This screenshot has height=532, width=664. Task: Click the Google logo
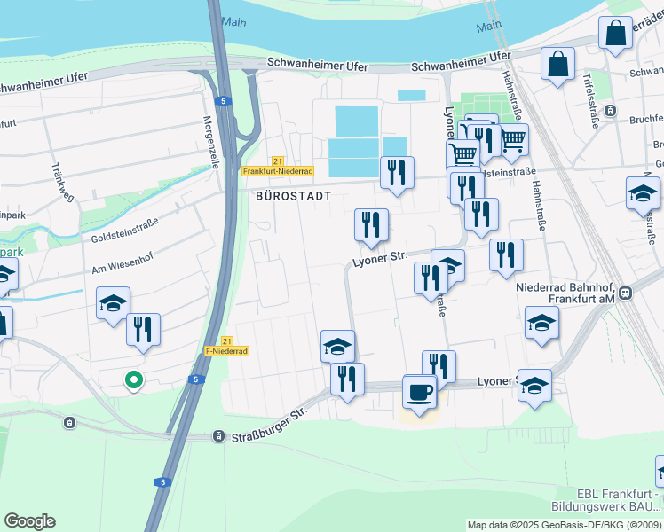[29, 521]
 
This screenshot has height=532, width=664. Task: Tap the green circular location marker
[134, 380]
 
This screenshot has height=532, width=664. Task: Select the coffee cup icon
[419, 391]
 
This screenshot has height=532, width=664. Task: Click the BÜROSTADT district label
[294, 195]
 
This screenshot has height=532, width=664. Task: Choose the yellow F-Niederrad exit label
[226, 350]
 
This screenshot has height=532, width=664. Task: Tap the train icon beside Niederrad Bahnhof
[626, 293]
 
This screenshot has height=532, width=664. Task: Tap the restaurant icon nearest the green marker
[143, 329]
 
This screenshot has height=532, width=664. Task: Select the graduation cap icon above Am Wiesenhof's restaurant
[114, 303]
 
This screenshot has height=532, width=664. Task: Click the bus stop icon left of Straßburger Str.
[218, 436]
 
